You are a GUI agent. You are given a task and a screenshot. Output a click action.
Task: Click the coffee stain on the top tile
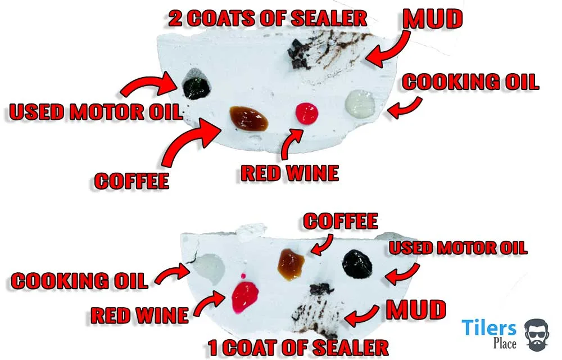point(248,116)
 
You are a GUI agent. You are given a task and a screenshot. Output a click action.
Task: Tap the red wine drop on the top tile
point(307,112)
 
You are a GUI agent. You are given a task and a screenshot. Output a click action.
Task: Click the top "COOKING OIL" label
point(470,82)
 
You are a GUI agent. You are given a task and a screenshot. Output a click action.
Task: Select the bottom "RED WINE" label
point(139,315)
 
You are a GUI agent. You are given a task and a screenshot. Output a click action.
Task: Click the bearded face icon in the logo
point(538,334)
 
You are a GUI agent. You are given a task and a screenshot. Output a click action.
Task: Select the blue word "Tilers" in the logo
point(488,328)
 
